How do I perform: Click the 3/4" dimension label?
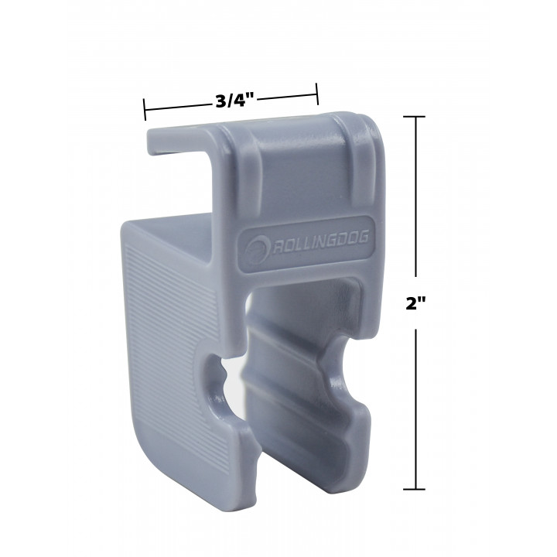point(236,101)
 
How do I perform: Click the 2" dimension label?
point(415,303)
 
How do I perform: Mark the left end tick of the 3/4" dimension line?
point(145,109)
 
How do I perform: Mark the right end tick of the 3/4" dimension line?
point(317,94)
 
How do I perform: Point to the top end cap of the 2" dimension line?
point(414,116)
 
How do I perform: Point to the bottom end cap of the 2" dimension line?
point(414,489)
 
